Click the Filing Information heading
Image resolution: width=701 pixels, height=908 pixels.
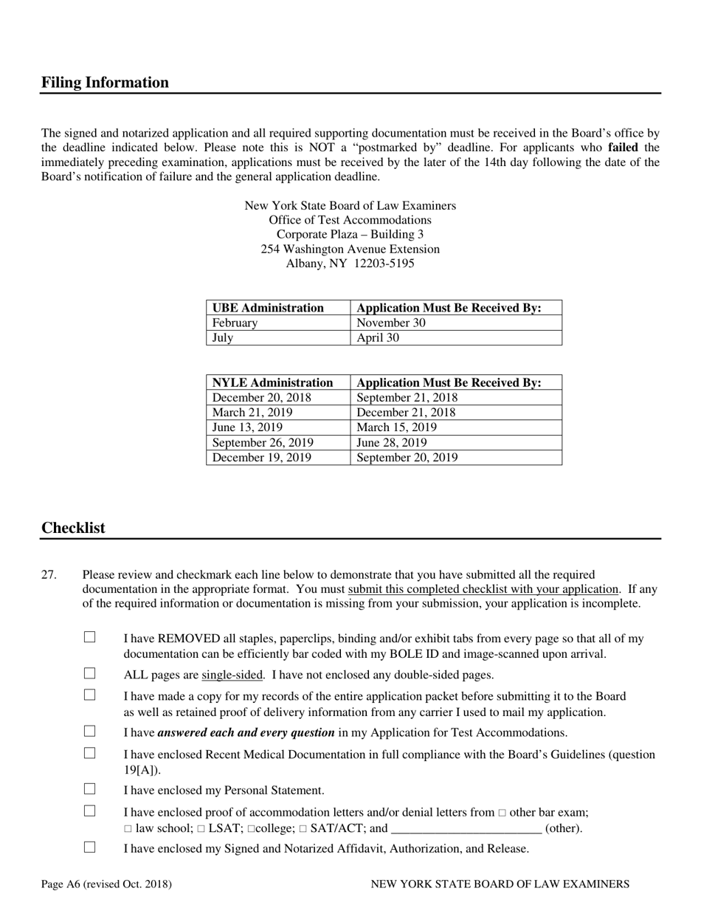105,83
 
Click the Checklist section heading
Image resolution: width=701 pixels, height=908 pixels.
73,528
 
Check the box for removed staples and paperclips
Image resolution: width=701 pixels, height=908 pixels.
90,637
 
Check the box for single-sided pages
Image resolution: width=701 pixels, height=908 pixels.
90,673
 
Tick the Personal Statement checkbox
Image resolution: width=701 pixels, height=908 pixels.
90,789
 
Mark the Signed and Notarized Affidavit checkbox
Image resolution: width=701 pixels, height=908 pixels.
90,847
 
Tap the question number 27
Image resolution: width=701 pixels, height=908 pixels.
49,574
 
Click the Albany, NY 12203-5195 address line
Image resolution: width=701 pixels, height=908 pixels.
350,264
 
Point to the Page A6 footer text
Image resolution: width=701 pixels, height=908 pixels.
106,884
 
